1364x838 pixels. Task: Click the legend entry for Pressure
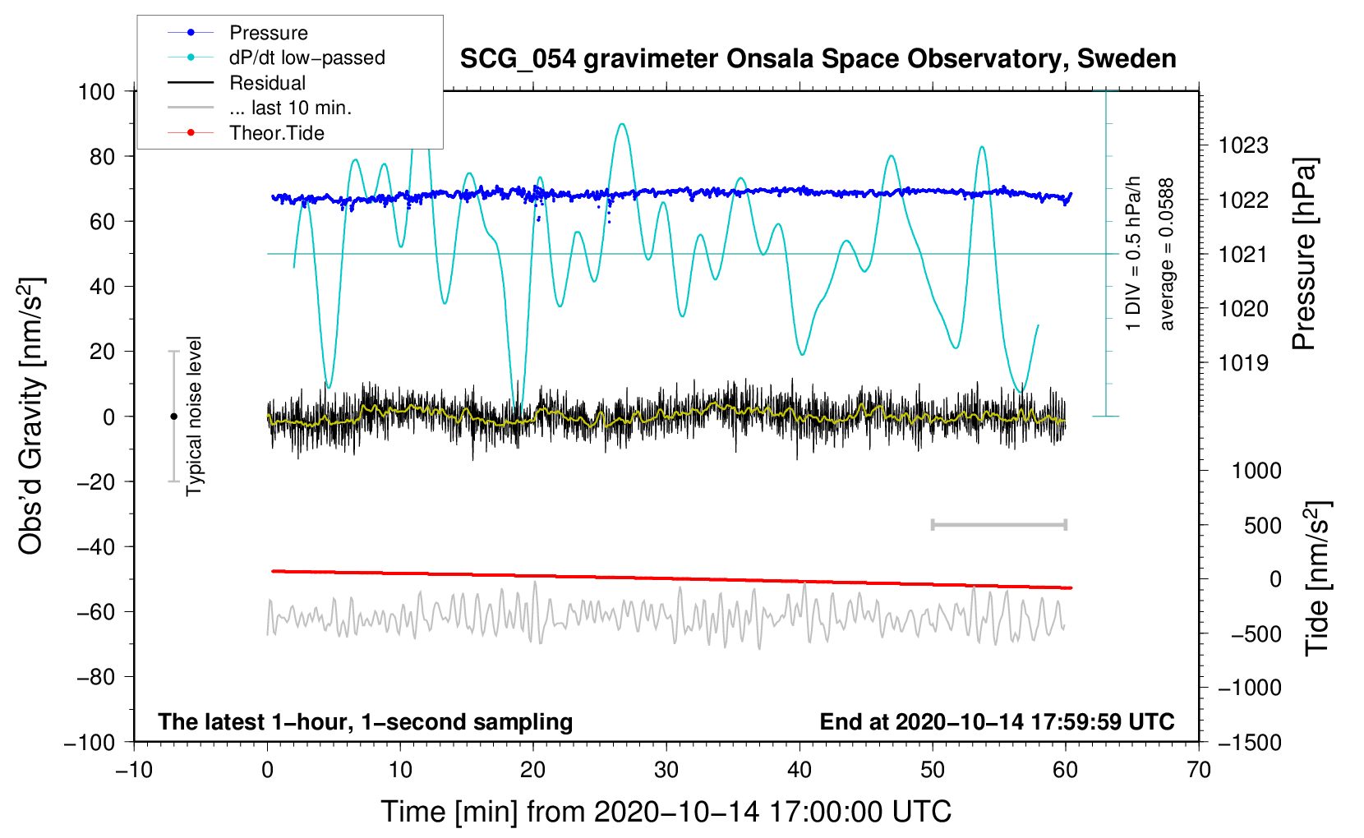click(x=268, y=33)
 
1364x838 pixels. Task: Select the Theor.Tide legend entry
click(x=276, y=133)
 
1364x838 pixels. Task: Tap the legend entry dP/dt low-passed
click(x=306, y=58)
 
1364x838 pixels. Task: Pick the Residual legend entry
click(x=267, y=83)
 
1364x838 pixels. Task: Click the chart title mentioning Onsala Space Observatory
click(x=818, y=59)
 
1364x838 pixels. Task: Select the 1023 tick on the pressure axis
click(x=1243, y=145)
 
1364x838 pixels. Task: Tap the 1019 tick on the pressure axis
click(x=1243, y=363)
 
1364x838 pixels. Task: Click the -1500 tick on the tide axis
click(x=1250, y=743)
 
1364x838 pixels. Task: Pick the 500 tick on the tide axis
click(x=1263, y=525)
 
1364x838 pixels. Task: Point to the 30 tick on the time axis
click(x=666, y=770)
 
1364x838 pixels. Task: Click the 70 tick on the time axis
click(x=1199, y=770)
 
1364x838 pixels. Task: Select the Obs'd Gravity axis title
click(x=30, y=416)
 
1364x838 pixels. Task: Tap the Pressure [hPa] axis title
click(x=1304, y=254)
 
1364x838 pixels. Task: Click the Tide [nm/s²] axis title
click(x=1316, y=578)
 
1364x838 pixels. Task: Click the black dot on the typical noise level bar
click(x=173, y=417)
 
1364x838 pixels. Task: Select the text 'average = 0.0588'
click(x=1167, y=254)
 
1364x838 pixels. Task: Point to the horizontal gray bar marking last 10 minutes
click(x=998, y=525)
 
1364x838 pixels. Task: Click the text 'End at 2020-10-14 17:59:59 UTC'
click(x=997, y=721)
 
